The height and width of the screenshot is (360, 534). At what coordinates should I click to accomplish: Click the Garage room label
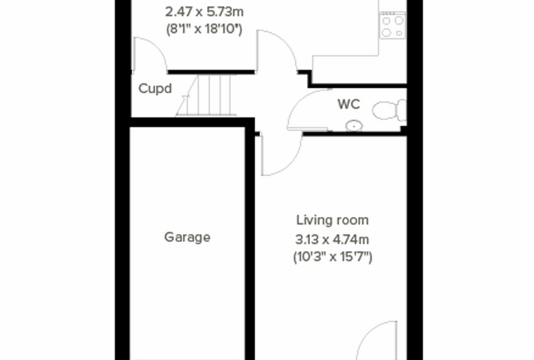(187, 237)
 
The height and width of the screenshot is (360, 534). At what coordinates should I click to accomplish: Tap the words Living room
(332, 220)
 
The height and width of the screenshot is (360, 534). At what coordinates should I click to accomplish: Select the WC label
(349, 104)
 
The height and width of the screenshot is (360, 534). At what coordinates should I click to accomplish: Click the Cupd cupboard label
(155, 89)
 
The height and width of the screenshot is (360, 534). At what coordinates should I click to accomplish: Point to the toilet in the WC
(389, 110)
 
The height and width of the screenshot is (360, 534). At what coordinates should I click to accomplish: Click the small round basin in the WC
(354, 126)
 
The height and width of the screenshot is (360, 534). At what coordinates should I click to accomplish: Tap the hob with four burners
(393, 25)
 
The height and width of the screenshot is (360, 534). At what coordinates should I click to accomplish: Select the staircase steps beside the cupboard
(206, 96)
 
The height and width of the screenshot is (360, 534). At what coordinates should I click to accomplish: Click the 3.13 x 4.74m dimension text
(332, 240)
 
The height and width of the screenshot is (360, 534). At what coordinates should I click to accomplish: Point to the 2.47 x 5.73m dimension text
(204, 12)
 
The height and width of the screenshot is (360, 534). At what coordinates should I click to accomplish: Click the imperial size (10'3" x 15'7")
(333, 257)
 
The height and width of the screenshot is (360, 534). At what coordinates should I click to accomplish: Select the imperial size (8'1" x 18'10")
(204, 29)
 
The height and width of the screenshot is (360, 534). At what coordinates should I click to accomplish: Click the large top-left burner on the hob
(386, 21)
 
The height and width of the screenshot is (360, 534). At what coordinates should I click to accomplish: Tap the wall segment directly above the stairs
(211, 72)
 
